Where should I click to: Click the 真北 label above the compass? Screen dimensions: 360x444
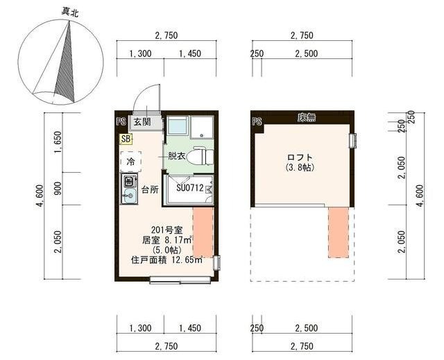69,11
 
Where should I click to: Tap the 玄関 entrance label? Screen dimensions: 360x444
142,121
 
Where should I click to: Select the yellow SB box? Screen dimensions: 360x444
126,138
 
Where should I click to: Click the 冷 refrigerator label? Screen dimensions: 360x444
130,161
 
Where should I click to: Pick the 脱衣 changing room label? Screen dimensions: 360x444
176,156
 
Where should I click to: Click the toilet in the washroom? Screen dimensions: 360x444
202,156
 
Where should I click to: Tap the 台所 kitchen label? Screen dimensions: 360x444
150,189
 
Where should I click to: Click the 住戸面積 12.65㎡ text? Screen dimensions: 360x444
166,261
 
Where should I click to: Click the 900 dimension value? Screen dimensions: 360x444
58,189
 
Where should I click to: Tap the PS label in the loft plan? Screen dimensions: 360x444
257,121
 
